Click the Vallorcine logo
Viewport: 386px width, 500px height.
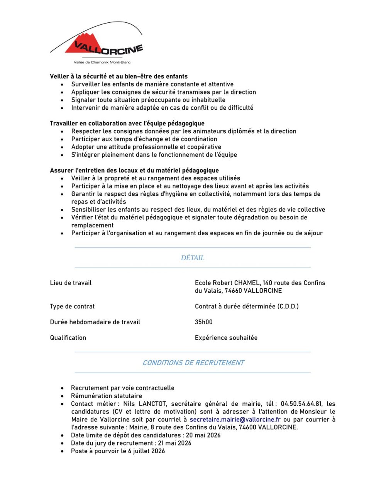pos(96,42)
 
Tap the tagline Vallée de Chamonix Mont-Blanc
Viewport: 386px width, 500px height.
pos(102,62)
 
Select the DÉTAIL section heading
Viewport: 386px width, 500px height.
pos(193,258)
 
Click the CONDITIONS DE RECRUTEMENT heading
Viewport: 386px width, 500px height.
pos(193,363)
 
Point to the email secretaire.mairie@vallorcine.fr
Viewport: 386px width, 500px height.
pos(235,420)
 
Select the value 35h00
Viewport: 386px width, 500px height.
pos(204,322)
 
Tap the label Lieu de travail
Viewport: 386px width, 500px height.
pos(71,283)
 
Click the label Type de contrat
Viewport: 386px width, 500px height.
pos(72,307)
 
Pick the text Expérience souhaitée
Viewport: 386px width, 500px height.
pos(226,338)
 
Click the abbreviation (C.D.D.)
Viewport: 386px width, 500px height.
pos(288,307)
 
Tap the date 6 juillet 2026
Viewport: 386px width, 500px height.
pos(147,451)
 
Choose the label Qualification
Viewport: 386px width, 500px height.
pos(68,338)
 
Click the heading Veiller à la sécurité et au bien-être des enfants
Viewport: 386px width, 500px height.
pos(119,76)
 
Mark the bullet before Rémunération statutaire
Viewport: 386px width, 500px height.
pos(63,396)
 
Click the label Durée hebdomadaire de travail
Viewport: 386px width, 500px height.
pos(95,322)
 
